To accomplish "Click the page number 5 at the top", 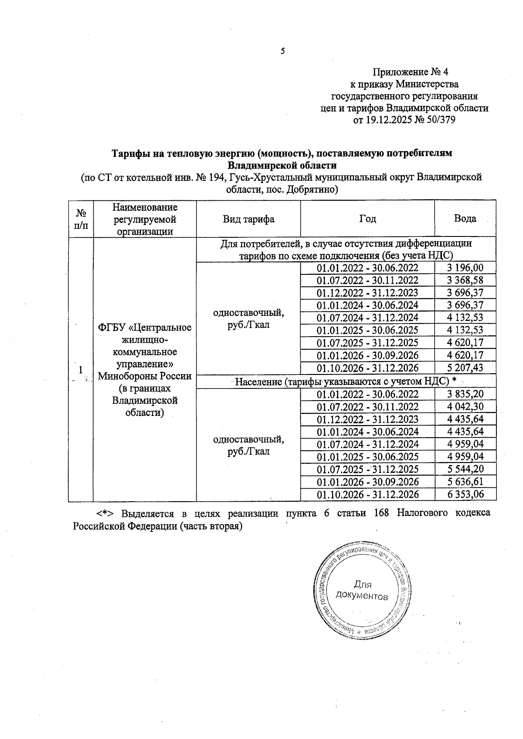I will [282, 51].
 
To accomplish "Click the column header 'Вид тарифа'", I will [248, 219].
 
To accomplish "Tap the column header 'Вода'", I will [465, 219].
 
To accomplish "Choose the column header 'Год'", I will [367, 219].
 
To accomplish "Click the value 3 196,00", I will [465, 268].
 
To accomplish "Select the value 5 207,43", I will [465, 368].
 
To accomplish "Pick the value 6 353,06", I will [465, 494].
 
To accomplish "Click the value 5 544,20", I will [465, 469].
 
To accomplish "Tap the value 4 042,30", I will [465, 407].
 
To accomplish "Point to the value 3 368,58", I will [465, 280].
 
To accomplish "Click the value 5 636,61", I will [465, 482].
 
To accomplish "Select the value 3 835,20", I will [465, 394].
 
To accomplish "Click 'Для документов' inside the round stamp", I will [362, 591].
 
